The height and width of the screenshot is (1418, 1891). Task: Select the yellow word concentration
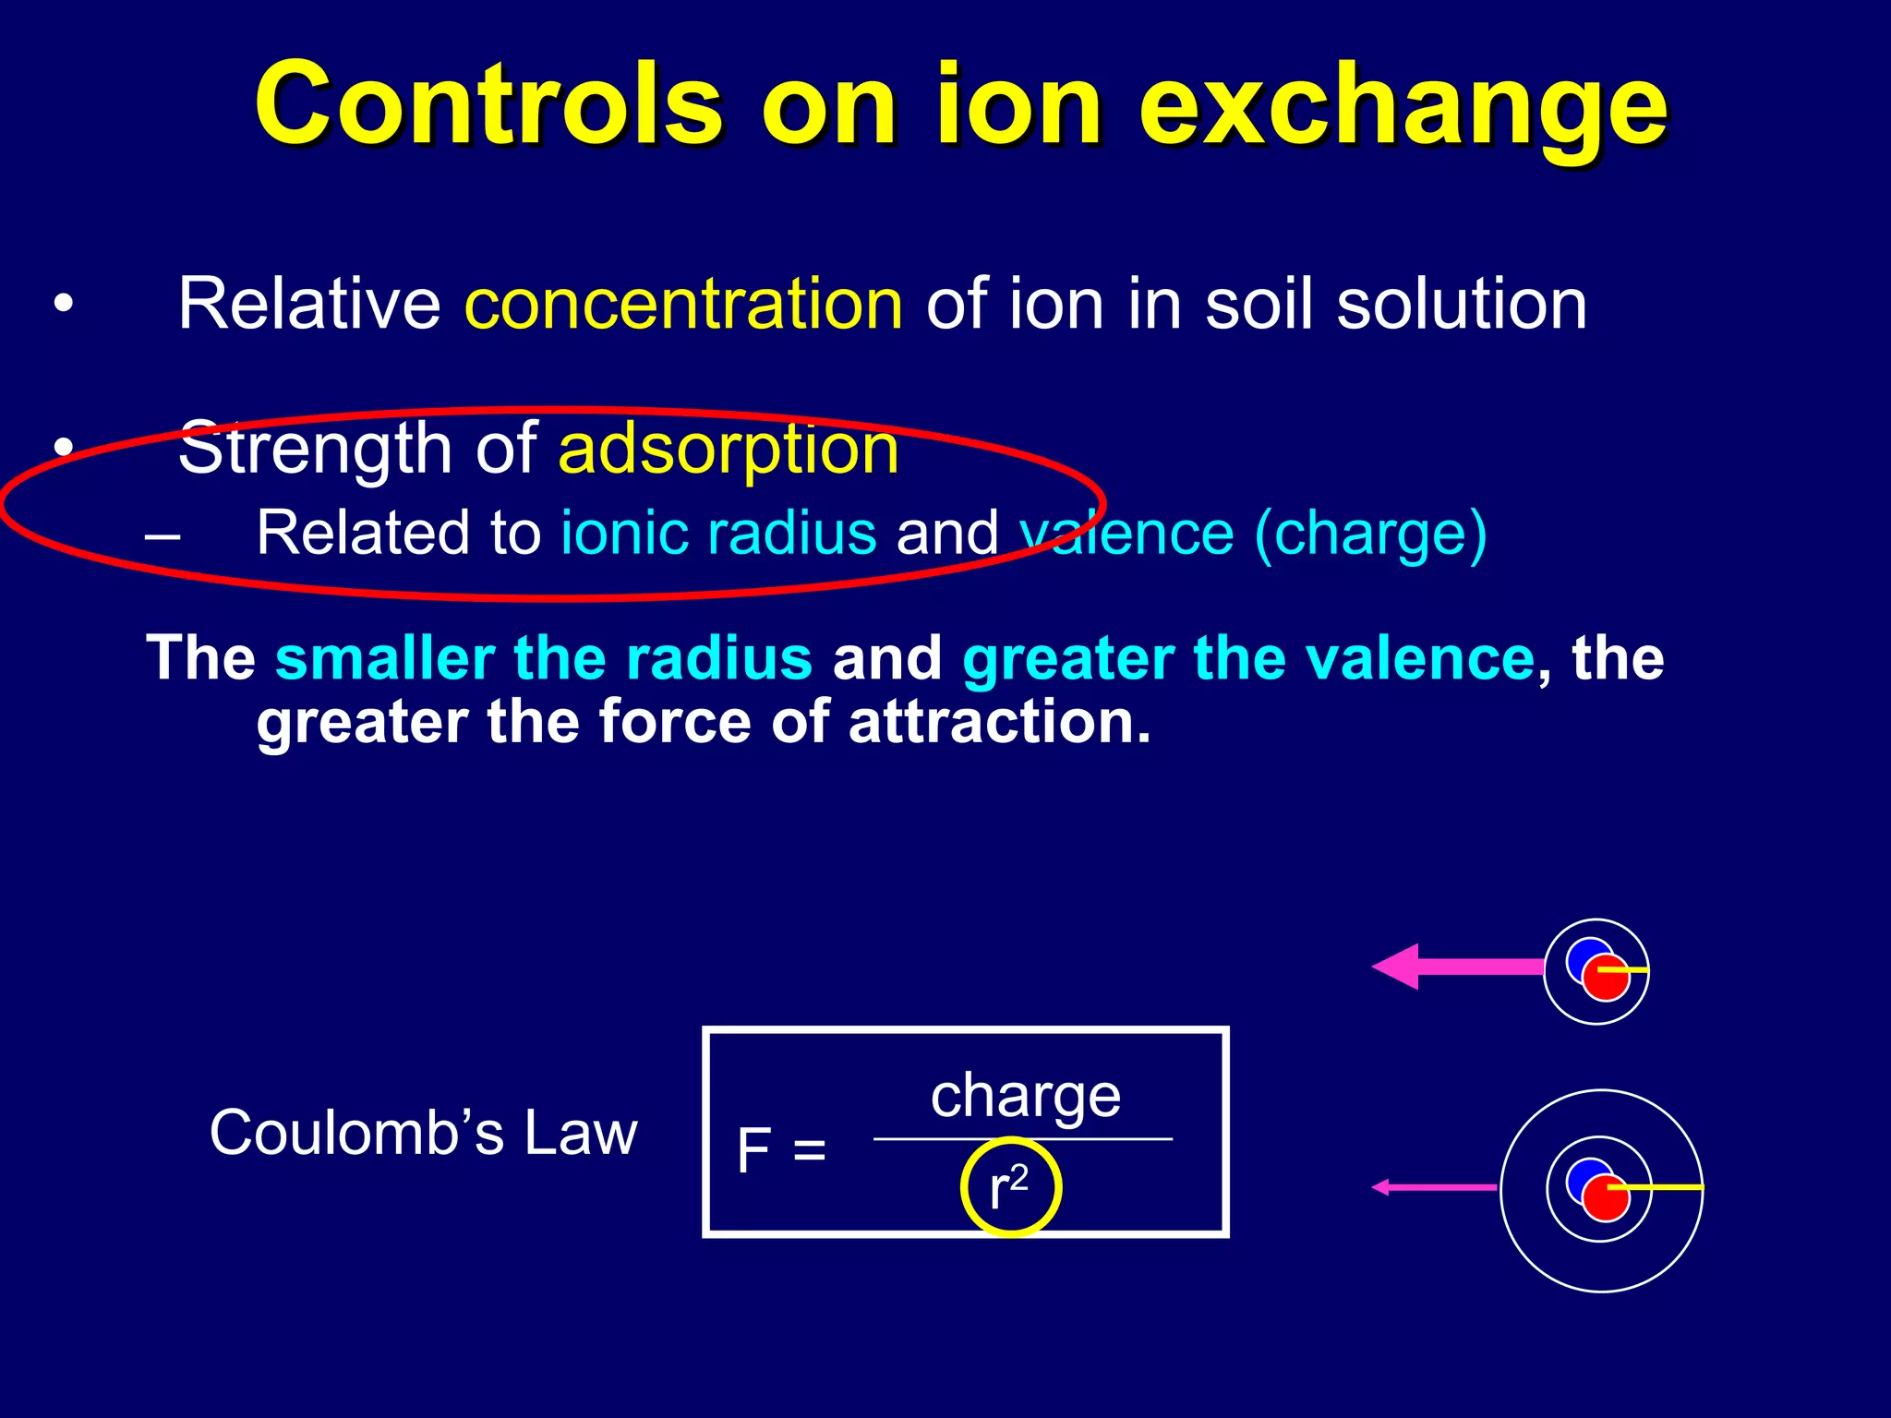pos(683,305)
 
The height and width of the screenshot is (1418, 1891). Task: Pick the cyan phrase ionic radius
pos(718,533)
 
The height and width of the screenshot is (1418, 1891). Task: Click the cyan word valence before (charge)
pos(1126,534)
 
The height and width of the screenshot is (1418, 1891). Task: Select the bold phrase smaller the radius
pos(544,658)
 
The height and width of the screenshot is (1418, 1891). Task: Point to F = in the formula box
pos(781,1151)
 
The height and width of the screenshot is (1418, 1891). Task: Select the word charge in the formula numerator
pos(1025,1096)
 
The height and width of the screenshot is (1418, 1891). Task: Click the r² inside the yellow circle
pos(1008,1187)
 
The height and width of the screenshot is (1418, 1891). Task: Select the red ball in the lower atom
pos(1605,1200)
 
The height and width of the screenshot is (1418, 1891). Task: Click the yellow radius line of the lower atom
pos(1662,1187)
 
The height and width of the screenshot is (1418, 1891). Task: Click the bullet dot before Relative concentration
pos(63,304)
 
